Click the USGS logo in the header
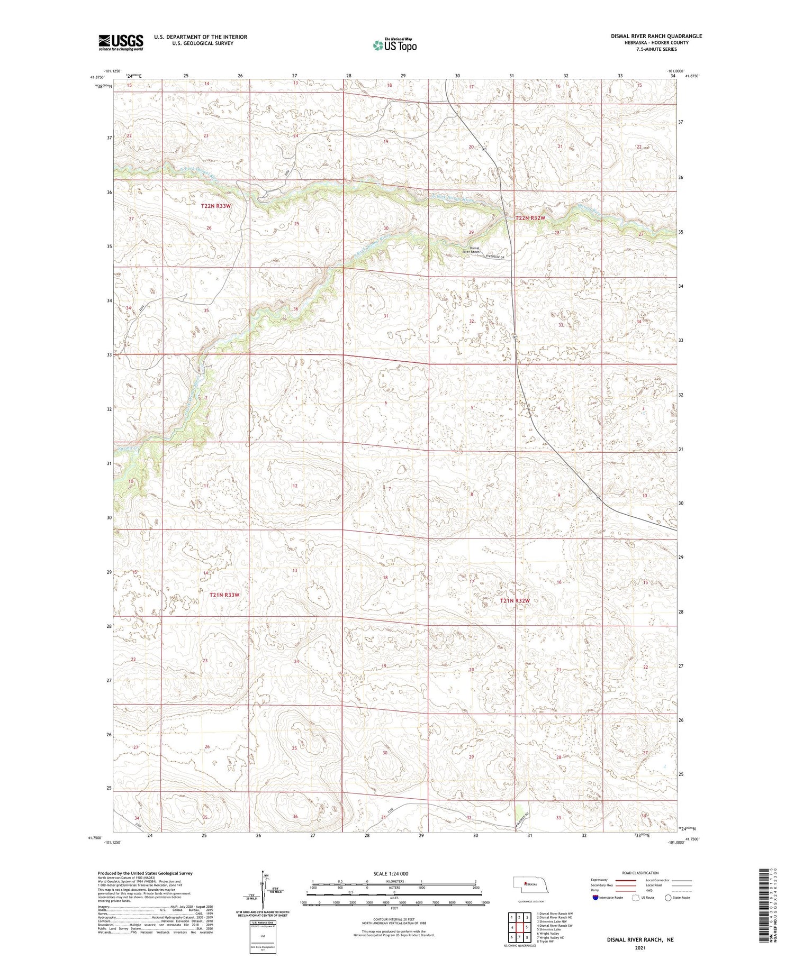pos(121,42)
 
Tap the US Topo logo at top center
pos(395,45)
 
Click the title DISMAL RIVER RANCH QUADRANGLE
pos(656,36)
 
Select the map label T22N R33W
pos(216,205)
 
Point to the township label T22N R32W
pos(530,218)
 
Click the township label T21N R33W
pos(224,595)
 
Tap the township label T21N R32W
pos(515,600)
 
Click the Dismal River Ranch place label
pos(470,250)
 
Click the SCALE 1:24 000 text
pos(394,873)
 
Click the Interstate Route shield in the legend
pos(595,898)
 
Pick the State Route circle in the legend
pos(668,898)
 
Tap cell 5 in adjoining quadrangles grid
pos(527,927)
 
